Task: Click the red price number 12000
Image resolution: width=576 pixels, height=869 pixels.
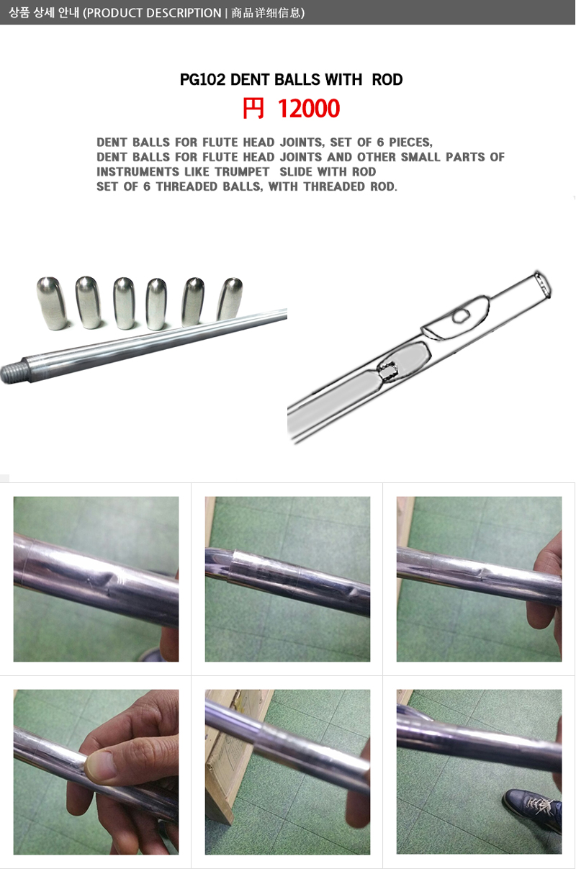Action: (308, 108)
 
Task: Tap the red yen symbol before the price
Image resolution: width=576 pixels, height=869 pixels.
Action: (253, 108)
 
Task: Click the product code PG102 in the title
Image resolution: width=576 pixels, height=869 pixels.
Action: (202, 79)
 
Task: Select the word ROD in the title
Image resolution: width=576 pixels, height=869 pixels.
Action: (387, 79)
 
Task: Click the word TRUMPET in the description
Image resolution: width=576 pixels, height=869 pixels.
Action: (242, 172)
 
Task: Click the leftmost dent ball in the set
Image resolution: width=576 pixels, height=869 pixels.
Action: (52, 303)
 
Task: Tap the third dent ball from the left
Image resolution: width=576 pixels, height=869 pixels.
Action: (124, 303)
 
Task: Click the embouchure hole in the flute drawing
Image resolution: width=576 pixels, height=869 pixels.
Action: (462, 316)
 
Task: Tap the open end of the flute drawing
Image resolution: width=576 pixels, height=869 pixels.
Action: (543, 285)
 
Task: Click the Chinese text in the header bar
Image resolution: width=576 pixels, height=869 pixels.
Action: (266, 13)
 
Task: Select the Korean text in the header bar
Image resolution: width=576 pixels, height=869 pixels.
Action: (44, 13)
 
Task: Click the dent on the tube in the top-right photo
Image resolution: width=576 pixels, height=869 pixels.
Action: (482, 572)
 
